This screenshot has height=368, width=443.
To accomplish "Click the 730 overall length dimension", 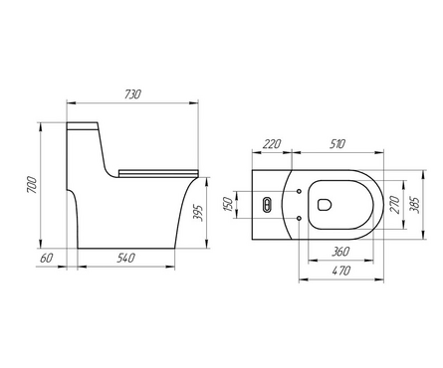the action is click(133, 94).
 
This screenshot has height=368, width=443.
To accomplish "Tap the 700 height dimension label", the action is click(32, 185).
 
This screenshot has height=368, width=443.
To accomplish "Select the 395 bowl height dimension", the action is click(197, 213).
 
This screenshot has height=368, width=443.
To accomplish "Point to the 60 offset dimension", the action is click(46, 258).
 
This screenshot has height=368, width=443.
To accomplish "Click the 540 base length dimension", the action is click(125, 258).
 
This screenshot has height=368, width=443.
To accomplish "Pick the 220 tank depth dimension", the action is click(272, 144).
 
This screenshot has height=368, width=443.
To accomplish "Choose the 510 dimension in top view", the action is click(337, 144).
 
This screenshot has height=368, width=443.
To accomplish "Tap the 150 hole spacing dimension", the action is click(228, 204).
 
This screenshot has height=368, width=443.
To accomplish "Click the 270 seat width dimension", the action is click(394, 205).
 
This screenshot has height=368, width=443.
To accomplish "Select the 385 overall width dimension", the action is click(415, 205).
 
